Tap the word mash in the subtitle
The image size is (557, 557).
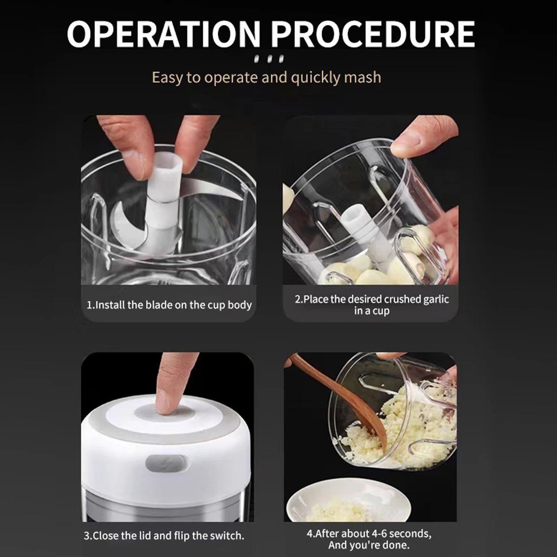(x=363, y=77)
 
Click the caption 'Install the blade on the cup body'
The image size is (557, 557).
(x=169, y=305)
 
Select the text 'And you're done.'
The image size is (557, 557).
(x=369, y=545)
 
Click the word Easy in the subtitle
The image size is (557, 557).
(x=168, y=77)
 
